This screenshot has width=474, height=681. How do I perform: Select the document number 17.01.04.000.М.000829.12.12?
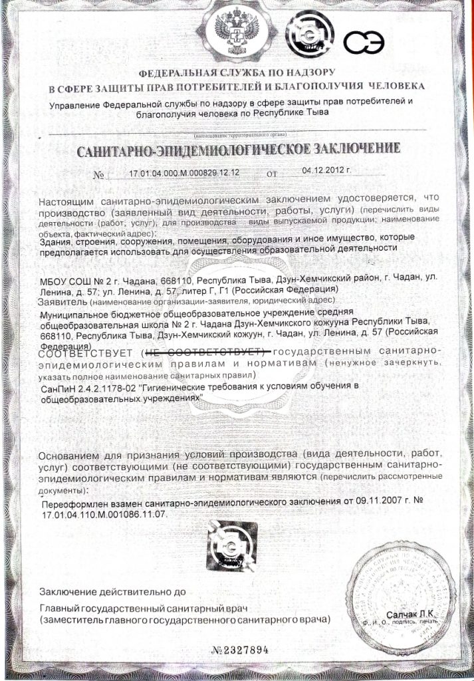pos(184,174)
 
